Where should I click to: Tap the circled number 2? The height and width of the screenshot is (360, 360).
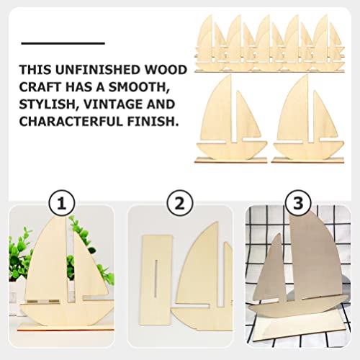(x=179, y=202)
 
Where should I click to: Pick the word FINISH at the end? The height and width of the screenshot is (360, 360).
(x=152, y=122)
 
